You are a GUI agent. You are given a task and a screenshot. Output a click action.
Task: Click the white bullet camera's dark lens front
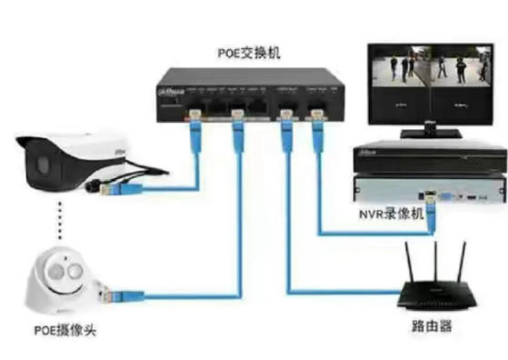tap(39, 165)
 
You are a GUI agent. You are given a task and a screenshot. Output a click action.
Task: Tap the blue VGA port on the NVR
tap(452, 194)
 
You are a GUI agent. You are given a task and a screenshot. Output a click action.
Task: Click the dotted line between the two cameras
tap(63, 220)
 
